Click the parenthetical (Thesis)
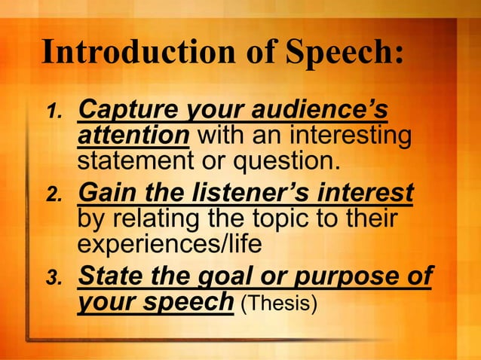pyautogui.click(x=277, y=303)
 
